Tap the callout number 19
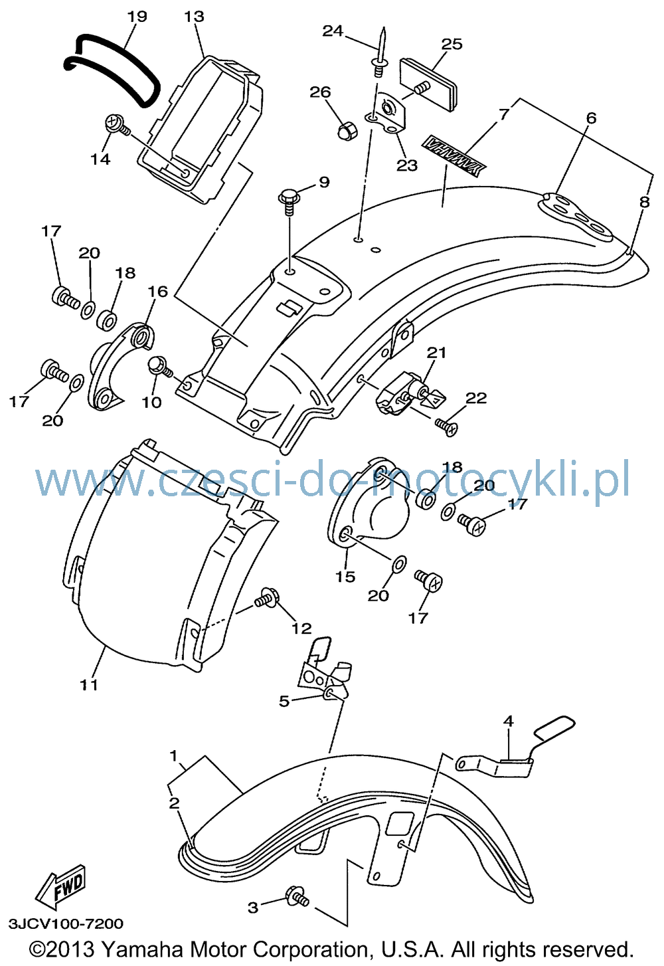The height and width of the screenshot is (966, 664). click(137, 17)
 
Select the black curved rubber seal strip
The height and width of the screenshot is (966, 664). click(111, 70)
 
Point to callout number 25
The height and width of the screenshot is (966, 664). click(452, 44)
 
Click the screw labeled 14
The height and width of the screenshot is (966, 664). click(118, 125)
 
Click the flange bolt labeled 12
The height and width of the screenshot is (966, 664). click(266, 598)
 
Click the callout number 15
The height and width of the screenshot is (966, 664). click(345, 577)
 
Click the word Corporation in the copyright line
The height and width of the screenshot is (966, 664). click(310, 949)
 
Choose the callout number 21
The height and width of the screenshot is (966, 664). click(436, 352)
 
